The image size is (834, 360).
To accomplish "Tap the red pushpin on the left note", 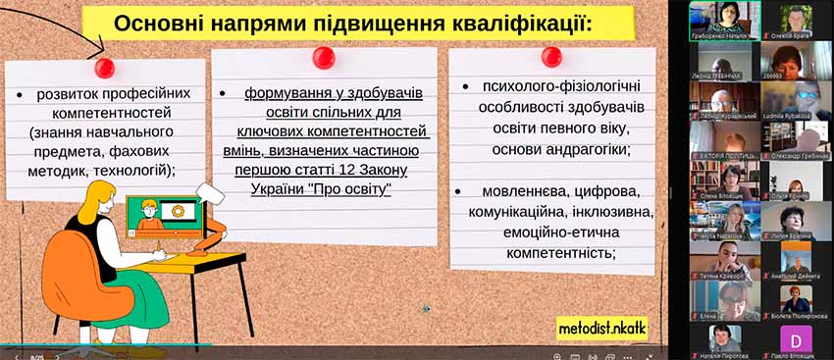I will click(x=104, y=68).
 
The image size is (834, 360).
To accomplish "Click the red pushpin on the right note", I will click(x=551, y=56).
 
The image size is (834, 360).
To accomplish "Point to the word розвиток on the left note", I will click(x=75, y=94).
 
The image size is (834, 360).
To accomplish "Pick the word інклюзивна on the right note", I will click(x=617, y=212).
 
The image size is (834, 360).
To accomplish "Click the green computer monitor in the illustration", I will click(x=161, y=218).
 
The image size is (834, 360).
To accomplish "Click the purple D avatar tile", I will click(x=796, y=338).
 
